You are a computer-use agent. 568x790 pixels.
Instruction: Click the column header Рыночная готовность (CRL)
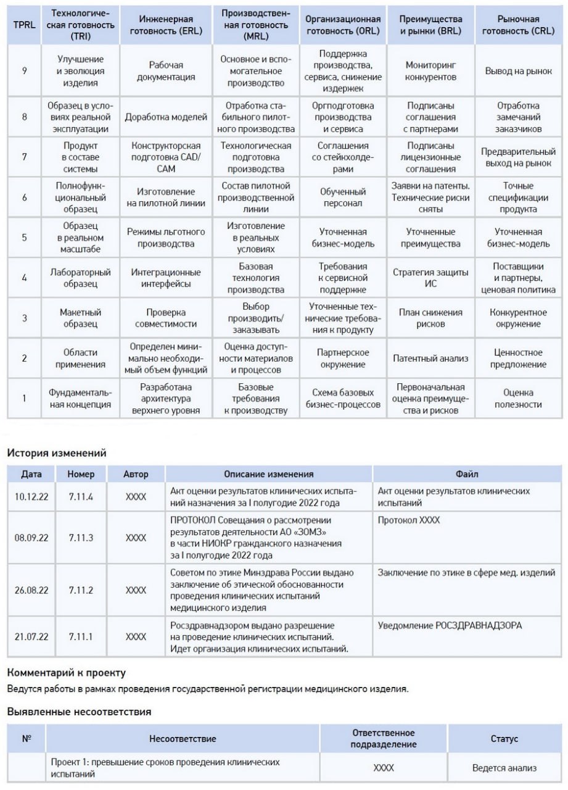tap(518, 25)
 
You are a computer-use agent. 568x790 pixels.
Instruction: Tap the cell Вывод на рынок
tap(518, 71)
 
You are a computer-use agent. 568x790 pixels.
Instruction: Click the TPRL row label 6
tap(24, 197)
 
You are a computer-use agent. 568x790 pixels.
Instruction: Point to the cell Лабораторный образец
tap(80, 278)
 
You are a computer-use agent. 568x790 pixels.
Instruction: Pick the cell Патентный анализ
tap(431, 358)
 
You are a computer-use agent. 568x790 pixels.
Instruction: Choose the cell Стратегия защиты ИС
tap(431, 278)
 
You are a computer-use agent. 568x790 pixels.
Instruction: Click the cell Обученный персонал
tap(343, 197)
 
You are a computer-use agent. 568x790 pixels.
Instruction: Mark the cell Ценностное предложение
tap(518, 358)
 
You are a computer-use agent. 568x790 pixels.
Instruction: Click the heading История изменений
tap(57, 453)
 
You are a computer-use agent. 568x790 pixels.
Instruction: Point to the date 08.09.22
tap(31, 538)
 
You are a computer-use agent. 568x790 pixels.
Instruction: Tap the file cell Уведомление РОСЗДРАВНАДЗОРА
tap(450, 625)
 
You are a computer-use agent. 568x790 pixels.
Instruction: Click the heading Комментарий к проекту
tap(66, 672)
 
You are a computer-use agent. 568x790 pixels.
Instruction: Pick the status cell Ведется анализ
tap(504, 768)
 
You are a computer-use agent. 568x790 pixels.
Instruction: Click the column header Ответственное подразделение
tap(384, 738)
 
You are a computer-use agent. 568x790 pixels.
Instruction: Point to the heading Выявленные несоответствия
tap(79, 712)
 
